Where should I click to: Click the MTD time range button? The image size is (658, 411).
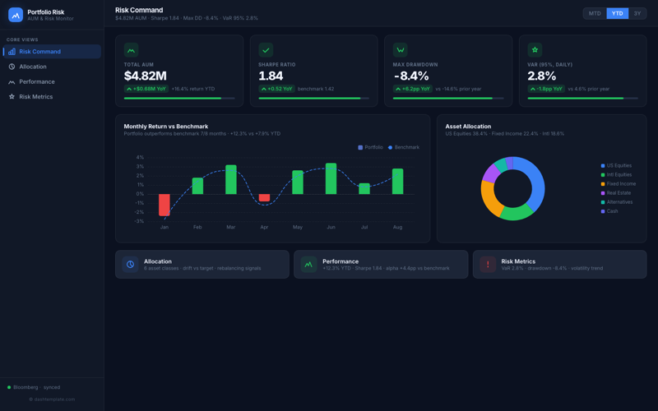point(595,13)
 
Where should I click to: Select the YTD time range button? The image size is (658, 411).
point(617,13)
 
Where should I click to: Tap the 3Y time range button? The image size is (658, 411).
point(637,13)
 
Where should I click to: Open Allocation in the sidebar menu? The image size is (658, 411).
point(33,67)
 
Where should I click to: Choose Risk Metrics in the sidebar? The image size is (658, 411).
point(35,97)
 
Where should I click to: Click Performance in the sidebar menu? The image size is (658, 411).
point(37,81)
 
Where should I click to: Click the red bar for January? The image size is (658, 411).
point(164,205)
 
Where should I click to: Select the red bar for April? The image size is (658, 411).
point(264,197)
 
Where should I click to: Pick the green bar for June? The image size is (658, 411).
point(331,178)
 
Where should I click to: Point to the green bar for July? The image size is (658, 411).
point(364,188)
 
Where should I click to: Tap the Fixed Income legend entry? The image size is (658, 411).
point(620,184)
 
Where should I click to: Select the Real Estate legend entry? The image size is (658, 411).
point(619,193)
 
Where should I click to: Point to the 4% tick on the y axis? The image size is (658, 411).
point(140,157)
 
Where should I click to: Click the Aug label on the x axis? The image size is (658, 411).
point(397,227)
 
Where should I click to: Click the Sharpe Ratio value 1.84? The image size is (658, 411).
point(271,76)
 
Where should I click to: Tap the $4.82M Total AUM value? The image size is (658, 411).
point(145,76)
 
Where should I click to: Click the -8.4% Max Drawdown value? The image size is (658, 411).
point(411,76)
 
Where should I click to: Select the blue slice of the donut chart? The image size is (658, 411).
point(535,181)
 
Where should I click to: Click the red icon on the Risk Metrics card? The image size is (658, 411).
point(488,264)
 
